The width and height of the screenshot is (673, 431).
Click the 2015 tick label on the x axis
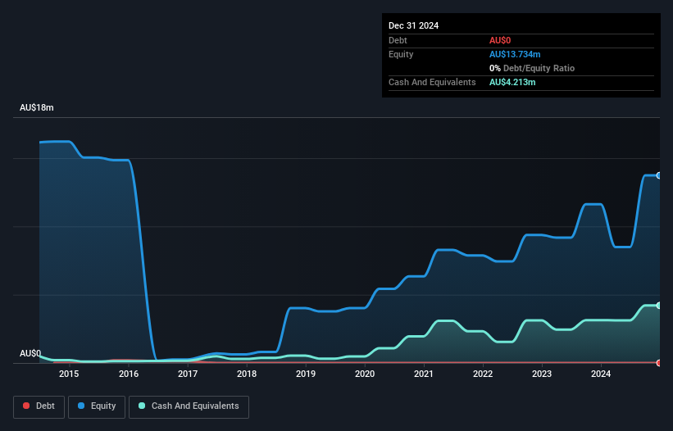69,374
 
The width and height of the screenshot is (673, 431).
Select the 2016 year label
129,374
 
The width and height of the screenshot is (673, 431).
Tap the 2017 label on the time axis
188,374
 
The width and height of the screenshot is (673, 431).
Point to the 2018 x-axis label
247,374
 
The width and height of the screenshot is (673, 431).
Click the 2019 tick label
306,374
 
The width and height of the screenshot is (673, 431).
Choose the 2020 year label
365,374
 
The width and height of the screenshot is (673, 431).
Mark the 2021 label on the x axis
424,374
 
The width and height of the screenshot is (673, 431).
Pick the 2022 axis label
483,374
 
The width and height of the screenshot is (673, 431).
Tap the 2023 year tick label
542,374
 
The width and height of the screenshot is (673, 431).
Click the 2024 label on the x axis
601,374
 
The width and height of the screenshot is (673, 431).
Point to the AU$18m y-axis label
37,108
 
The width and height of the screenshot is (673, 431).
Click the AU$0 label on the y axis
30,354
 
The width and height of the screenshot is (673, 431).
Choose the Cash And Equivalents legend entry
189,406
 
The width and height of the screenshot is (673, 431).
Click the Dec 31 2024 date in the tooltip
414,25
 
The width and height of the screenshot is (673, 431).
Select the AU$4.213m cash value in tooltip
512,82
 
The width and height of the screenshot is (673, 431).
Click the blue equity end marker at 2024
659,175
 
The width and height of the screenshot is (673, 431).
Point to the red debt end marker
659,362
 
